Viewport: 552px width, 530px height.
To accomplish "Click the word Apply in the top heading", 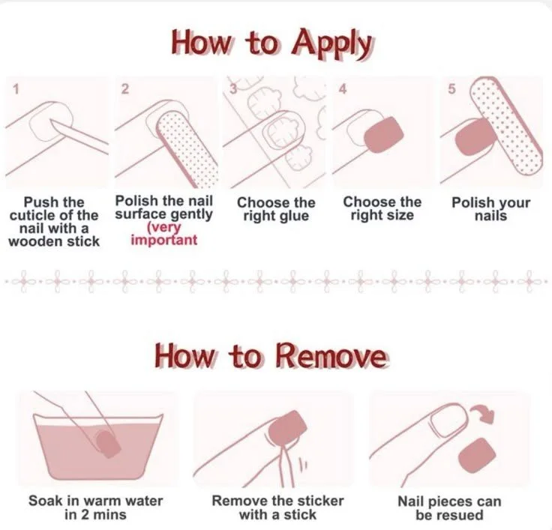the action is click(x=331, y=45).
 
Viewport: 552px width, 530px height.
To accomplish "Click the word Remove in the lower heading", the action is click(x=331, y=356).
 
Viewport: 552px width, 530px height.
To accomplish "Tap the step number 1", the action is click(x=15, y=89).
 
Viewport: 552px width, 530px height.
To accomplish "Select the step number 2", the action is click(x=124, y=89).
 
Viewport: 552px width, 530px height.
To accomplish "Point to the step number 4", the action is click(x=343, y=89).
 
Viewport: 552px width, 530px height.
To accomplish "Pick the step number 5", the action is click(x=451, y=89).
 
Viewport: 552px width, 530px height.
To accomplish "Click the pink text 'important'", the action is click(x=163, y=241).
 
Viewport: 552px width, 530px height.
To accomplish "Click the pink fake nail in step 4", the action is click(x=383, y=135).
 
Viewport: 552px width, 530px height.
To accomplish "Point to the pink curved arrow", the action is click(x=483, y=414).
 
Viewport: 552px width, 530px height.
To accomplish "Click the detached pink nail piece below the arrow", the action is click(x=477, y=456).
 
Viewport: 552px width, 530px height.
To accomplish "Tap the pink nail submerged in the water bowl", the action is click(x=107, y=444).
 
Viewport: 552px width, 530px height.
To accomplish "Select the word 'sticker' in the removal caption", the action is click(x=319, y=501).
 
